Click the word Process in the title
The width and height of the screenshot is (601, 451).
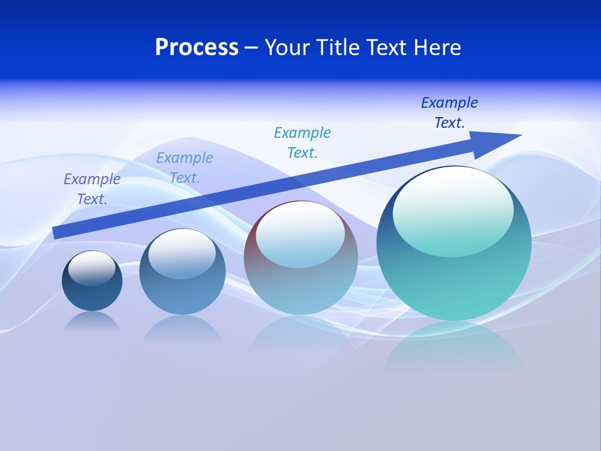(197, 48)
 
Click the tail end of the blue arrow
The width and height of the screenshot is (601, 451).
(58, 232)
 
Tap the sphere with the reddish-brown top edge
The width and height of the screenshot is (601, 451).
(300, 282)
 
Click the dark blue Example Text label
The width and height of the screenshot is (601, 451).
(449, 113)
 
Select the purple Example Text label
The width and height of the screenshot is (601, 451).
(92, 189)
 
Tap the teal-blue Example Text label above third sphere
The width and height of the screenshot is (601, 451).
(302, 143)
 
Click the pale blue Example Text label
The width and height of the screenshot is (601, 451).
(185, 168)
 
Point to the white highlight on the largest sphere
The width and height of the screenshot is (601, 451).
(453, 210)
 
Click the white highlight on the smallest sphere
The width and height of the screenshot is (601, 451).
(92, 267)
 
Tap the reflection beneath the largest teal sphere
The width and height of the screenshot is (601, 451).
(454, 351)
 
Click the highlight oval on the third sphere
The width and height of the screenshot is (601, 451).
(300, 233)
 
